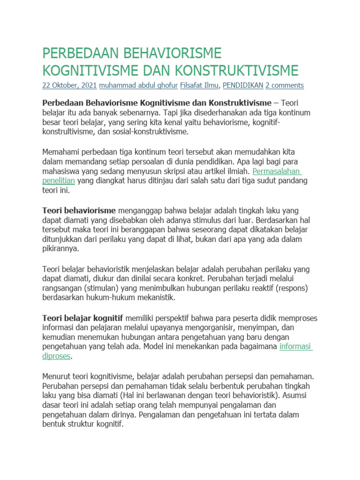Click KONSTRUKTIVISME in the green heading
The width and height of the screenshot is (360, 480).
tap(237, 70)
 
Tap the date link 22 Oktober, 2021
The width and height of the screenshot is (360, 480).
tap(70, 85)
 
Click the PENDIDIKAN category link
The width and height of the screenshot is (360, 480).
tap(242, 85)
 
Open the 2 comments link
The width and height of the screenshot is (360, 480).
tap(285, 85)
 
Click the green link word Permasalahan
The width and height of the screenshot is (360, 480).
tap(277, 171)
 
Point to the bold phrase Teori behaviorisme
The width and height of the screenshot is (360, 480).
tap(79, 210)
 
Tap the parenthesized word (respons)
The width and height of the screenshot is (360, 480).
tap(290, 288)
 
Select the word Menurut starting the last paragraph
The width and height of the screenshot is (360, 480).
tap(57, 376)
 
